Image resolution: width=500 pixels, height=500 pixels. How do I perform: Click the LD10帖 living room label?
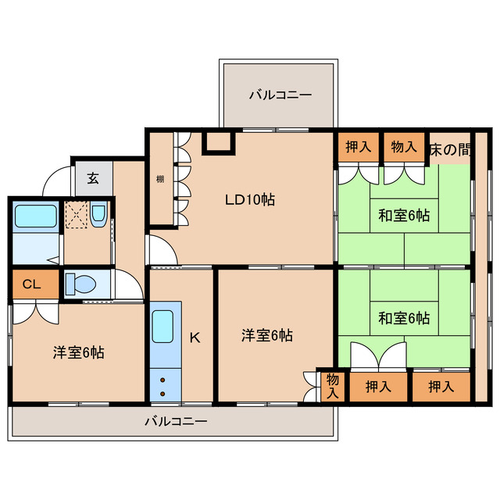(x=249, y=199)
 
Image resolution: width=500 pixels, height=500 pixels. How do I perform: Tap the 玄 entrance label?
(x=93, y=177)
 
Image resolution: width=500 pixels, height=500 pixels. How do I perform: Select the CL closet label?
(x=32, y=284)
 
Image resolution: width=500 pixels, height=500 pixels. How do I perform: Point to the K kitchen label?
(x=195, y=337)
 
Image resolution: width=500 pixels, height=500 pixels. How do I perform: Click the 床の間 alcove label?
(x=450, y=148)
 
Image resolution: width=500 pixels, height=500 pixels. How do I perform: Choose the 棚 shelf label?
(x=159, y=179)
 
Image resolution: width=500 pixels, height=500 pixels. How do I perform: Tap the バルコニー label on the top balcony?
(x=280, y=95)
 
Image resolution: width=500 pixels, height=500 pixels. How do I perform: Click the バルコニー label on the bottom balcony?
(x=176, y=422)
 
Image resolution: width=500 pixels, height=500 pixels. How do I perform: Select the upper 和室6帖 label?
(x=404, y=214)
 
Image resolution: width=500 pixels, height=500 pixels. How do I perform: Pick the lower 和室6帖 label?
(x=404, y=318)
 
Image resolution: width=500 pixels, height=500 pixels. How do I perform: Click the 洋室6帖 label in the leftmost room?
(x=78, y=352)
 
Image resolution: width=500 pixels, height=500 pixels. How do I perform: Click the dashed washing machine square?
(x=76, y=214)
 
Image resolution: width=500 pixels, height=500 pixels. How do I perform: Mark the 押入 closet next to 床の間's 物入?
(x=359, y=147)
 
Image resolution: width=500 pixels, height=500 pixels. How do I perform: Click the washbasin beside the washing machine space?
(x=98, y=215)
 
